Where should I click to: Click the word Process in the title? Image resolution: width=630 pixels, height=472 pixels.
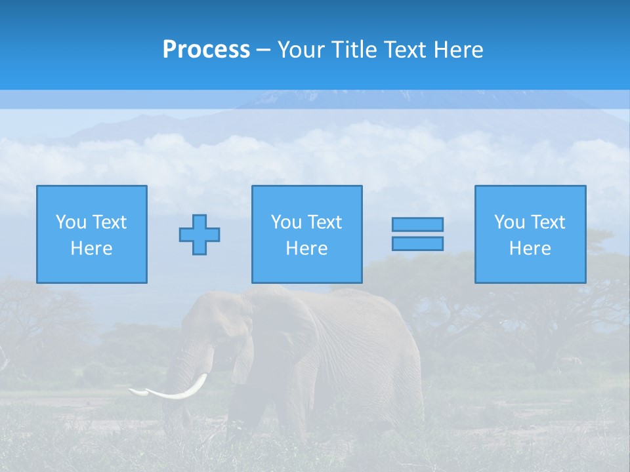click(206, 50)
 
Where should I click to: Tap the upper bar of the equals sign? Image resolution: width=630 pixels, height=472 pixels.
click(417, 224)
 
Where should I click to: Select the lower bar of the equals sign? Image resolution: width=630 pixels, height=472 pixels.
click(417, 243)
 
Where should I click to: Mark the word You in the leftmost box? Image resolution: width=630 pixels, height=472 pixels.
click(70, 222)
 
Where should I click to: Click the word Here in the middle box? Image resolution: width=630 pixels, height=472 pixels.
click(306, 248)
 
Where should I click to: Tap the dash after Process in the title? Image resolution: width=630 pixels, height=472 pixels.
click(263, 50)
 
